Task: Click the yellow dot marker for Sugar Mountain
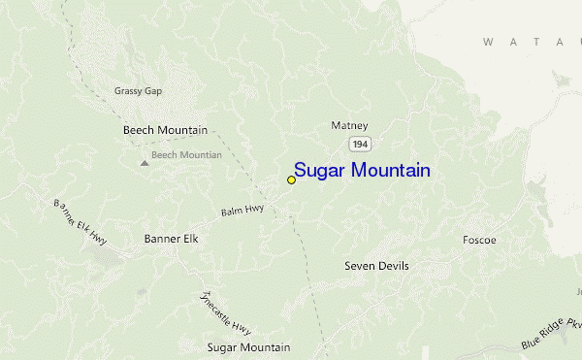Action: coord(291,180)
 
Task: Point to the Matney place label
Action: coord(349,125)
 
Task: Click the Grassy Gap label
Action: coord(138,91)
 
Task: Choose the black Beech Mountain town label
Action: coord(165,130)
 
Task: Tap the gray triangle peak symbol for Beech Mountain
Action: coord(145,162)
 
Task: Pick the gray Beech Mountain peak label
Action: coord(187,154)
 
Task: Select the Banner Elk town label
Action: coord(177,238)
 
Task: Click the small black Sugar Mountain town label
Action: coord(248,346)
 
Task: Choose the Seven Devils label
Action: coord(376,266)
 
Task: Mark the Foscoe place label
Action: coord(479,240)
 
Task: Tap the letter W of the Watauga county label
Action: coord(488,42)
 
